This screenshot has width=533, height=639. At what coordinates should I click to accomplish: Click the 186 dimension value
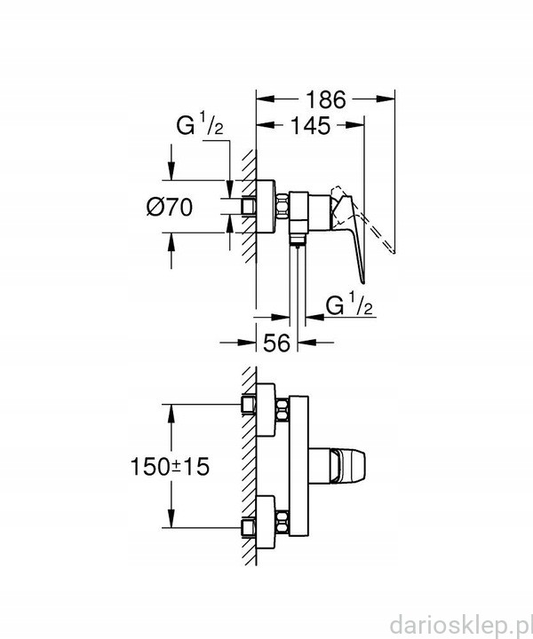coord(325,99)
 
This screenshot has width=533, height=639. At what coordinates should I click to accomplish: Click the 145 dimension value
coord(310,126)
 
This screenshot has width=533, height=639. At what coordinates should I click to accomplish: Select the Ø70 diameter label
coord(170,207)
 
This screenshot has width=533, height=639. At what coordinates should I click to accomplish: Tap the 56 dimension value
coord(276,343)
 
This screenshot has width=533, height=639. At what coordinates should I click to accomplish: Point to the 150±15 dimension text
coord(170,466)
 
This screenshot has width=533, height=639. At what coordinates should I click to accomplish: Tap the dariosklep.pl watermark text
coord(460,625)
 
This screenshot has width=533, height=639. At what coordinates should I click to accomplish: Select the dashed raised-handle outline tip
coord(394,252)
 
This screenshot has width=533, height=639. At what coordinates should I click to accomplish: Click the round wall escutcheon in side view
coord(266,207)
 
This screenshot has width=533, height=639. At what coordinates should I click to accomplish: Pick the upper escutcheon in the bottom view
coord(266,410)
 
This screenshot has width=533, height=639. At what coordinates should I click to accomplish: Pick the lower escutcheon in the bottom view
coord(266,522)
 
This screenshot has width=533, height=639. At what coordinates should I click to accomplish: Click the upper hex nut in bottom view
coord(282,410)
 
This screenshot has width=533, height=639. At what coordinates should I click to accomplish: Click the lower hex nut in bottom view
coord(282,522)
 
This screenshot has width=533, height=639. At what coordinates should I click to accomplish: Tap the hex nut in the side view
coord(282,207)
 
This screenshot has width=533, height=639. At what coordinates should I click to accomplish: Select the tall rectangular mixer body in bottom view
coord(298,466)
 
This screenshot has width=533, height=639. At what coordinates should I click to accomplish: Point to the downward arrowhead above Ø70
coord(171,170)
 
